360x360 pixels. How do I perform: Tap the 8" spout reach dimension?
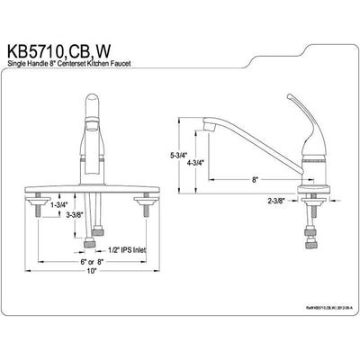coord(256,180)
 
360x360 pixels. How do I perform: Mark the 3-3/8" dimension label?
coord(75,215)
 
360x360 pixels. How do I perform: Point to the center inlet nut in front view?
coord(89,244)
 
